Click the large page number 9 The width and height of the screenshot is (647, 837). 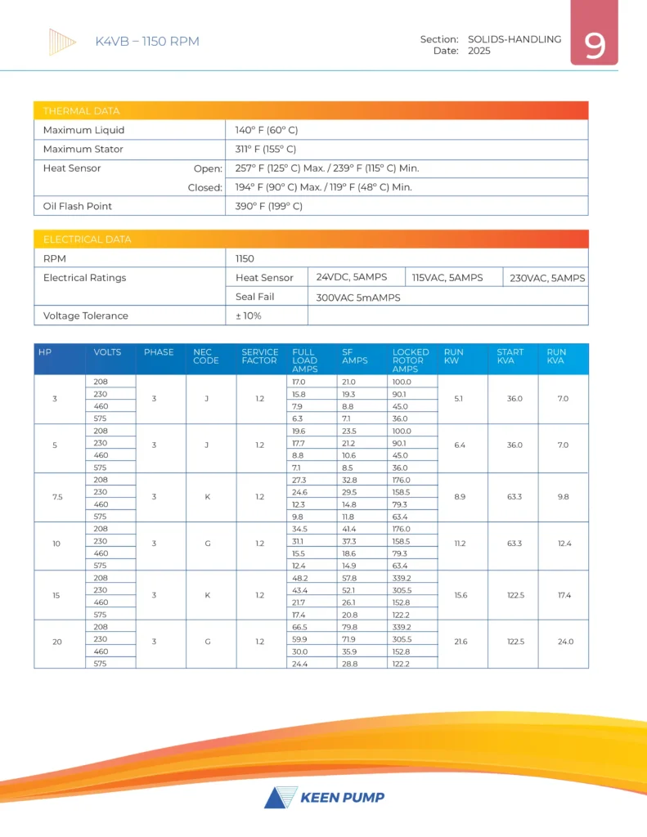coord(595,45)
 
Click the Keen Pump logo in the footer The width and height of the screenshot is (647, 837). coord(324,797)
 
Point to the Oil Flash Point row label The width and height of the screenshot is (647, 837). coord(78,206)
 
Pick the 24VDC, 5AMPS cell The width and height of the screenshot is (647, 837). coord(352,277)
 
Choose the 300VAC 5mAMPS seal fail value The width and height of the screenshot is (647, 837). coord(358,298)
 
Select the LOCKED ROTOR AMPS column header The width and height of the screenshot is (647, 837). coord(411,360)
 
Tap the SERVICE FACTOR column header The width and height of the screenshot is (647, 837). coord(260,356)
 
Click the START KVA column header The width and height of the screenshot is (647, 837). coord(510,356)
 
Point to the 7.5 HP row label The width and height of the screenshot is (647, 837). coord(56,498)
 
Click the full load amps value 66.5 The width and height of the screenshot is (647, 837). coord(301,628)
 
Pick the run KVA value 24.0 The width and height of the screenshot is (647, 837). coord(566,642)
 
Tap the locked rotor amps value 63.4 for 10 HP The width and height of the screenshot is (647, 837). coord(402,565)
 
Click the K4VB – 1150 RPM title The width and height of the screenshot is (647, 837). coord(147,42)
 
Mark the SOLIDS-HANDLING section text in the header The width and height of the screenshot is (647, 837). coord(514,38)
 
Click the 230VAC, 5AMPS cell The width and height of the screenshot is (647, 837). coord(547,278)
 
